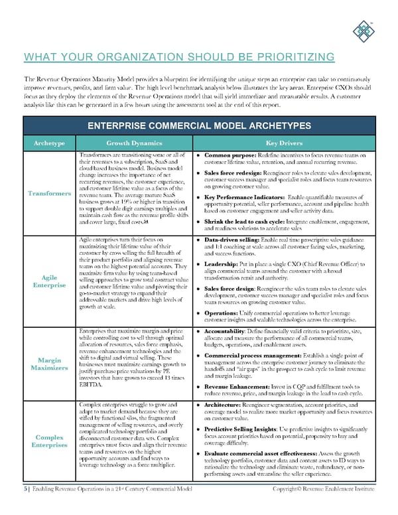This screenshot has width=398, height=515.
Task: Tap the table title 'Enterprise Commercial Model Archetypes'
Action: click(x=199, y=125)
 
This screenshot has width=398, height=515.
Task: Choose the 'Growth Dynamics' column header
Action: click(x=133, y=142)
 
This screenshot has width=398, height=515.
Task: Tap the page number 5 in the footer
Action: click(x=24, y=507)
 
